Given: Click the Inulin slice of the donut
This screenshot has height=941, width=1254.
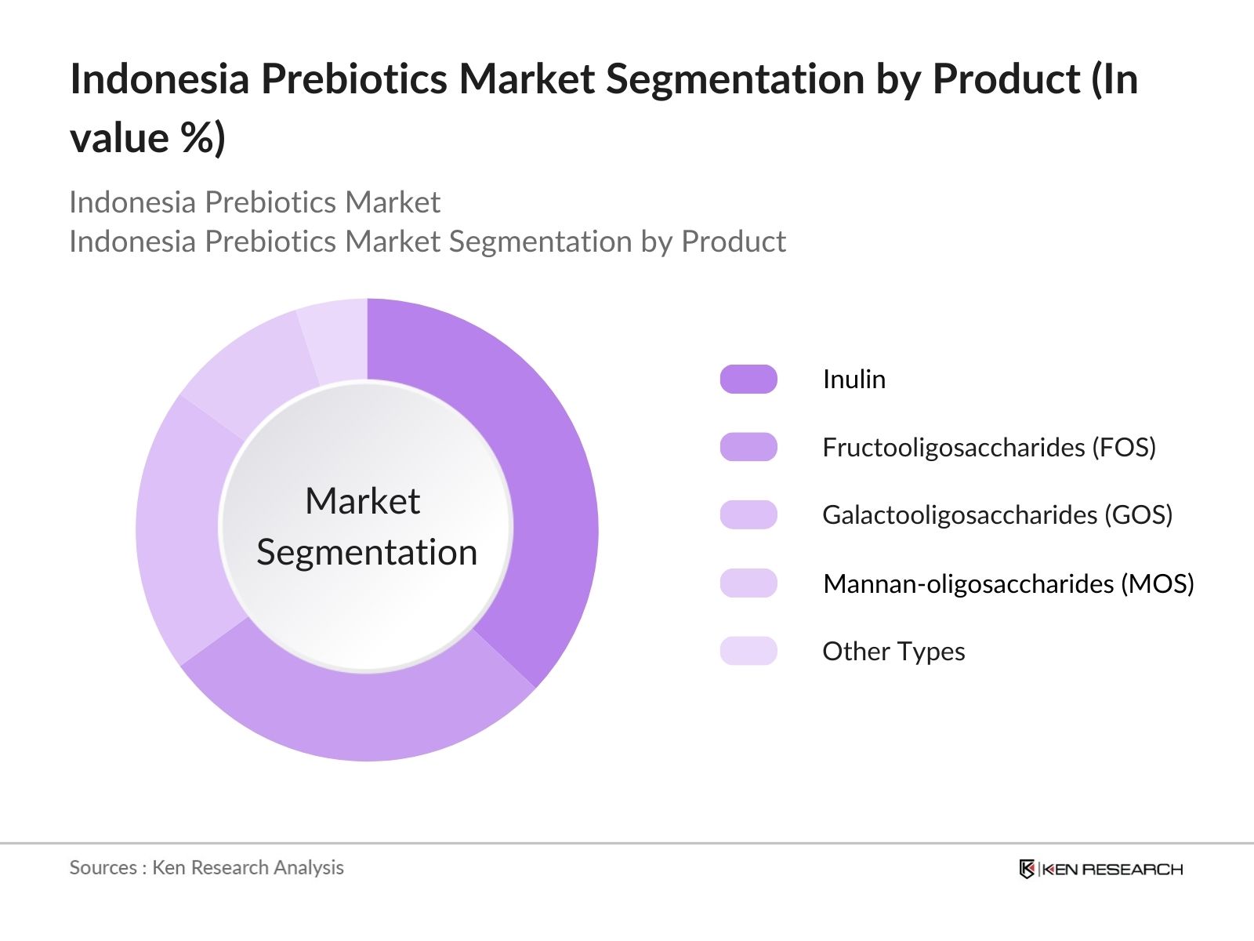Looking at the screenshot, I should pyautogui.click(x=541, y=486).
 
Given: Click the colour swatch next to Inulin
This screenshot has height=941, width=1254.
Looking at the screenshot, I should pyautogui.click(x=748, y=380).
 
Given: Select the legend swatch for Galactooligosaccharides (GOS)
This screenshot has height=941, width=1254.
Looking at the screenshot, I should pyautogui.click(x=748, y=515).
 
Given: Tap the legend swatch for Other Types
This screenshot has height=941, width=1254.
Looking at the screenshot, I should pyautogui.click(x=748, y=651).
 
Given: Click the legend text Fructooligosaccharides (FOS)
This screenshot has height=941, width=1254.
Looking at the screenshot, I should pyautogui.click(x=989, y=447).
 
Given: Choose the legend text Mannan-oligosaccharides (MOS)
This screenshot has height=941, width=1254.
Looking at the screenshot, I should pyautogui.click(x=1009, y=583).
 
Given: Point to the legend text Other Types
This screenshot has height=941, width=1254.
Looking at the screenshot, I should pyautogui.click(x=893, y=651).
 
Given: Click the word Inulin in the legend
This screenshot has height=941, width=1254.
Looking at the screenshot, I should pyautogui.click(x=854, y=380).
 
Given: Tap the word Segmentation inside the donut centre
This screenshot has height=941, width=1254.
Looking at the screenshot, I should pyautogui.click(x=367, y=552).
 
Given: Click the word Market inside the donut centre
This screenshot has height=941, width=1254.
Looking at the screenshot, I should pyautogui.click(x=362, y=501).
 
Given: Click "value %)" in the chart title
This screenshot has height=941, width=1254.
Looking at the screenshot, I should pyautogui.click(x=147, y=138).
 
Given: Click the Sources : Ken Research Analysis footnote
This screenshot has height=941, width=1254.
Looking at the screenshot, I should pyautogui.click(x=206, y=867).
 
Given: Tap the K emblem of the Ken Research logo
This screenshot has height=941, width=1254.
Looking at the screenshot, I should pyautogui.click(x=1027, y=869).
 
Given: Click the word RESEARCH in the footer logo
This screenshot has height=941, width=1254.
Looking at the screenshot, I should pyautogui.click(x=1133, y=869).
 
